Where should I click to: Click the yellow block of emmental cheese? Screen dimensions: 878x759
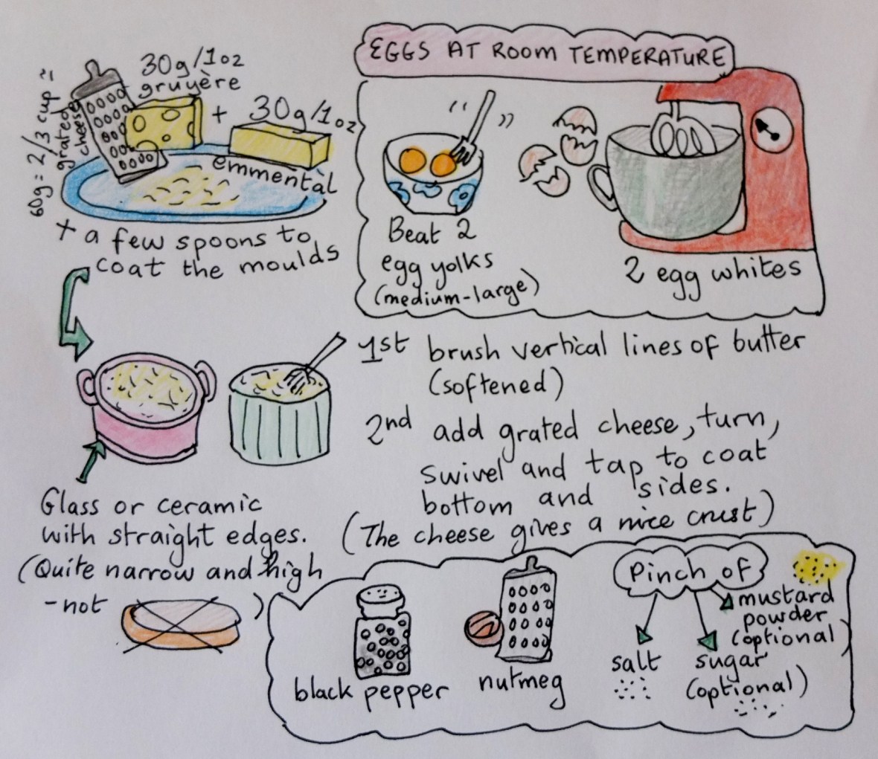[x=280, y=145]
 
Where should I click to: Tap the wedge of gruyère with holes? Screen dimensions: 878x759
[x=163, y=124]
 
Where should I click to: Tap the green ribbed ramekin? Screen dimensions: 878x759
[x=280, y=415]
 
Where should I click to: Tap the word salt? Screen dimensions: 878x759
[x=635, y=662]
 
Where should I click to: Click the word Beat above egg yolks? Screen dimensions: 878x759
[x=413, y=234]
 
